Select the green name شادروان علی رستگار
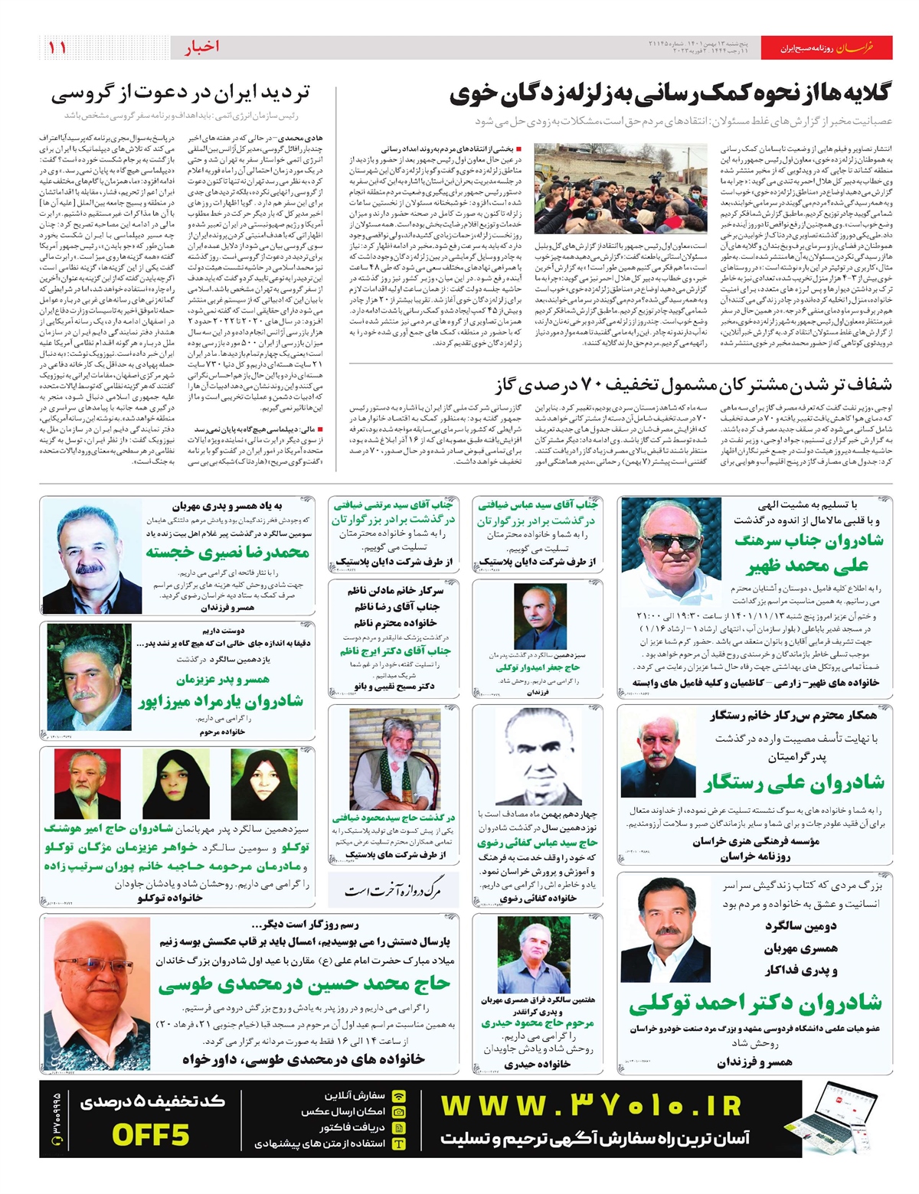[x=793, y=781]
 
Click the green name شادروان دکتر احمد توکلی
[x=755, y=1002]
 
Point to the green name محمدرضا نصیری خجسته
[x=227, y=552]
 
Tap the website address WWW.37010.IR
[x=591, y=1106]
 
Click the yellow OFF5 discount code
[x=150, y=1134]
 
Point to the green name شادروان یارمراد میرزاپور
[x=221, y=700]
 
